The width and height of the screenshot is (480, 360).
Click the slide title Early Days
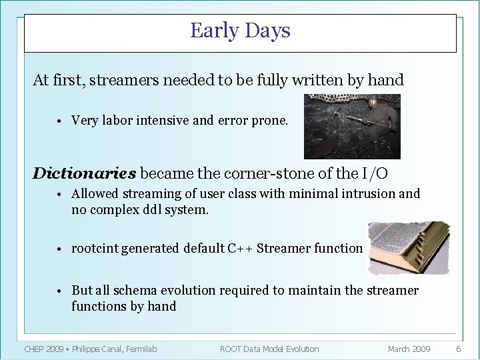tap(240, 31)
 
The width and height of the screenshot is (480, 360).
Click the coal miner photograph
tap(352, 126)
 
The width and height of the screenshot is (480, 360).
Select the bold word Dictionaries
tap(85, 173)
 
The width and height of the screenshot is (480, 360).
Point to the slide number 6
tap(458, 349)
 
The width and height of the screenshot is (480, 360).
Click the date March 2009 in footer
tap(409, 349)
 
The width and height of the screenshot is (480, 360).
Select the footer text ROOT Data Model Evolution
tap(269, 349)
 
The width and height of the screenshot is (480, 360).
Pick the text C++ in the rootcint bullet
tap(239, 248)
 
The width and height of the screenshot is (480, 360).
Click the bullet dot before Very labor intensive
tap(59, 121)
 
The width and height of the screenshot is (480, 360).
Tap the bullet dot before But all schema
tap(59, 291)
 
